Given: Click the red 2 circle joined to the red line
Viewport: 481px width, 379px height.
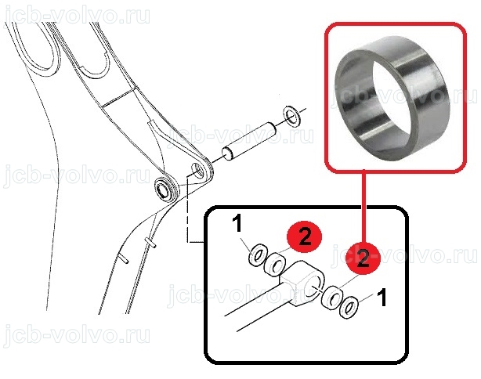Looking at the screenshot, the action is click(x=363, y=258).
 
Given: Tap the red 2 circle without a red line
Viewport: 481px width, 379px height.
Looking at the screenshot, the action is click(x=304, y=237).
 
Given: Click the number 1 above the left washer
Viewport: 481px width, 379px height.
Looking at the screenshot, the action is click(x=237, y=224).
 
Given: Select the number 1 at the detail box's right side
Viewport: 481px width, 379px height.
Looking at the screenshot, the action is click(x=382, y=297).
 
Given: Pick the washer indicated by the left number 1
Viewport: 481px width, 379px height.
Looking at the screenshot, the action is click(x=257, y=254).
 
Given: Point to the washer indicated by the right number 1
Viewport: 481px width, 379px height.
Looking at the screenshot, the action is click(x=349, y=308).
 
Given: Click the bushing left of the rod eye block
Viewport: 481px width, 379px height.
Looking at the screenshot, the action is click(x=275, y=263).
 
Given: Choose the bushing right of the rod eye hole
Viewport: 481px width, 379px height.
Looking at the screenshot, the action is click(x=332, y=297).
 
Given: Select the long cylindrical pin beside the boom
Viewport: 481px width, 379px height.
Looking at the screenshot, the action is click(x=249, y=141).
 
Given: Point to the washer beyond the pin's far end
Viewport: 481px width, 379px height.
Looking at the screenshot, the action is click(x=293, y=115).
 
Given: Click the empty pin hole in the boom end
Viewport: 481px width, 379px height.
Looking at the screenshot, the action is click(x=197, y=170).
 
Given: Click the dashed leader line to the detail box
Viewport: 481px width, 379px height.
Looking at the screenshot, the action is click(x=186, y=209).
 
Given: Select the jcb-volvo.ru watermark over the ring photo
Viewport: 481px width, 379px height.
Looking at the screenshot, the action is click(x=404, y=95).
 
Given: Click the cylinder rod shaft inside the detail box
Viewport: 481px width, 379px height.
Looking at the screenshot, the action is click(x=258, y=302).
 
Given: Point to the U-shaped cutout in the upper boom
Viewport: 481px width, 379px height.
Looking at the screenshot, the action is click(x=95, y=65).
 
